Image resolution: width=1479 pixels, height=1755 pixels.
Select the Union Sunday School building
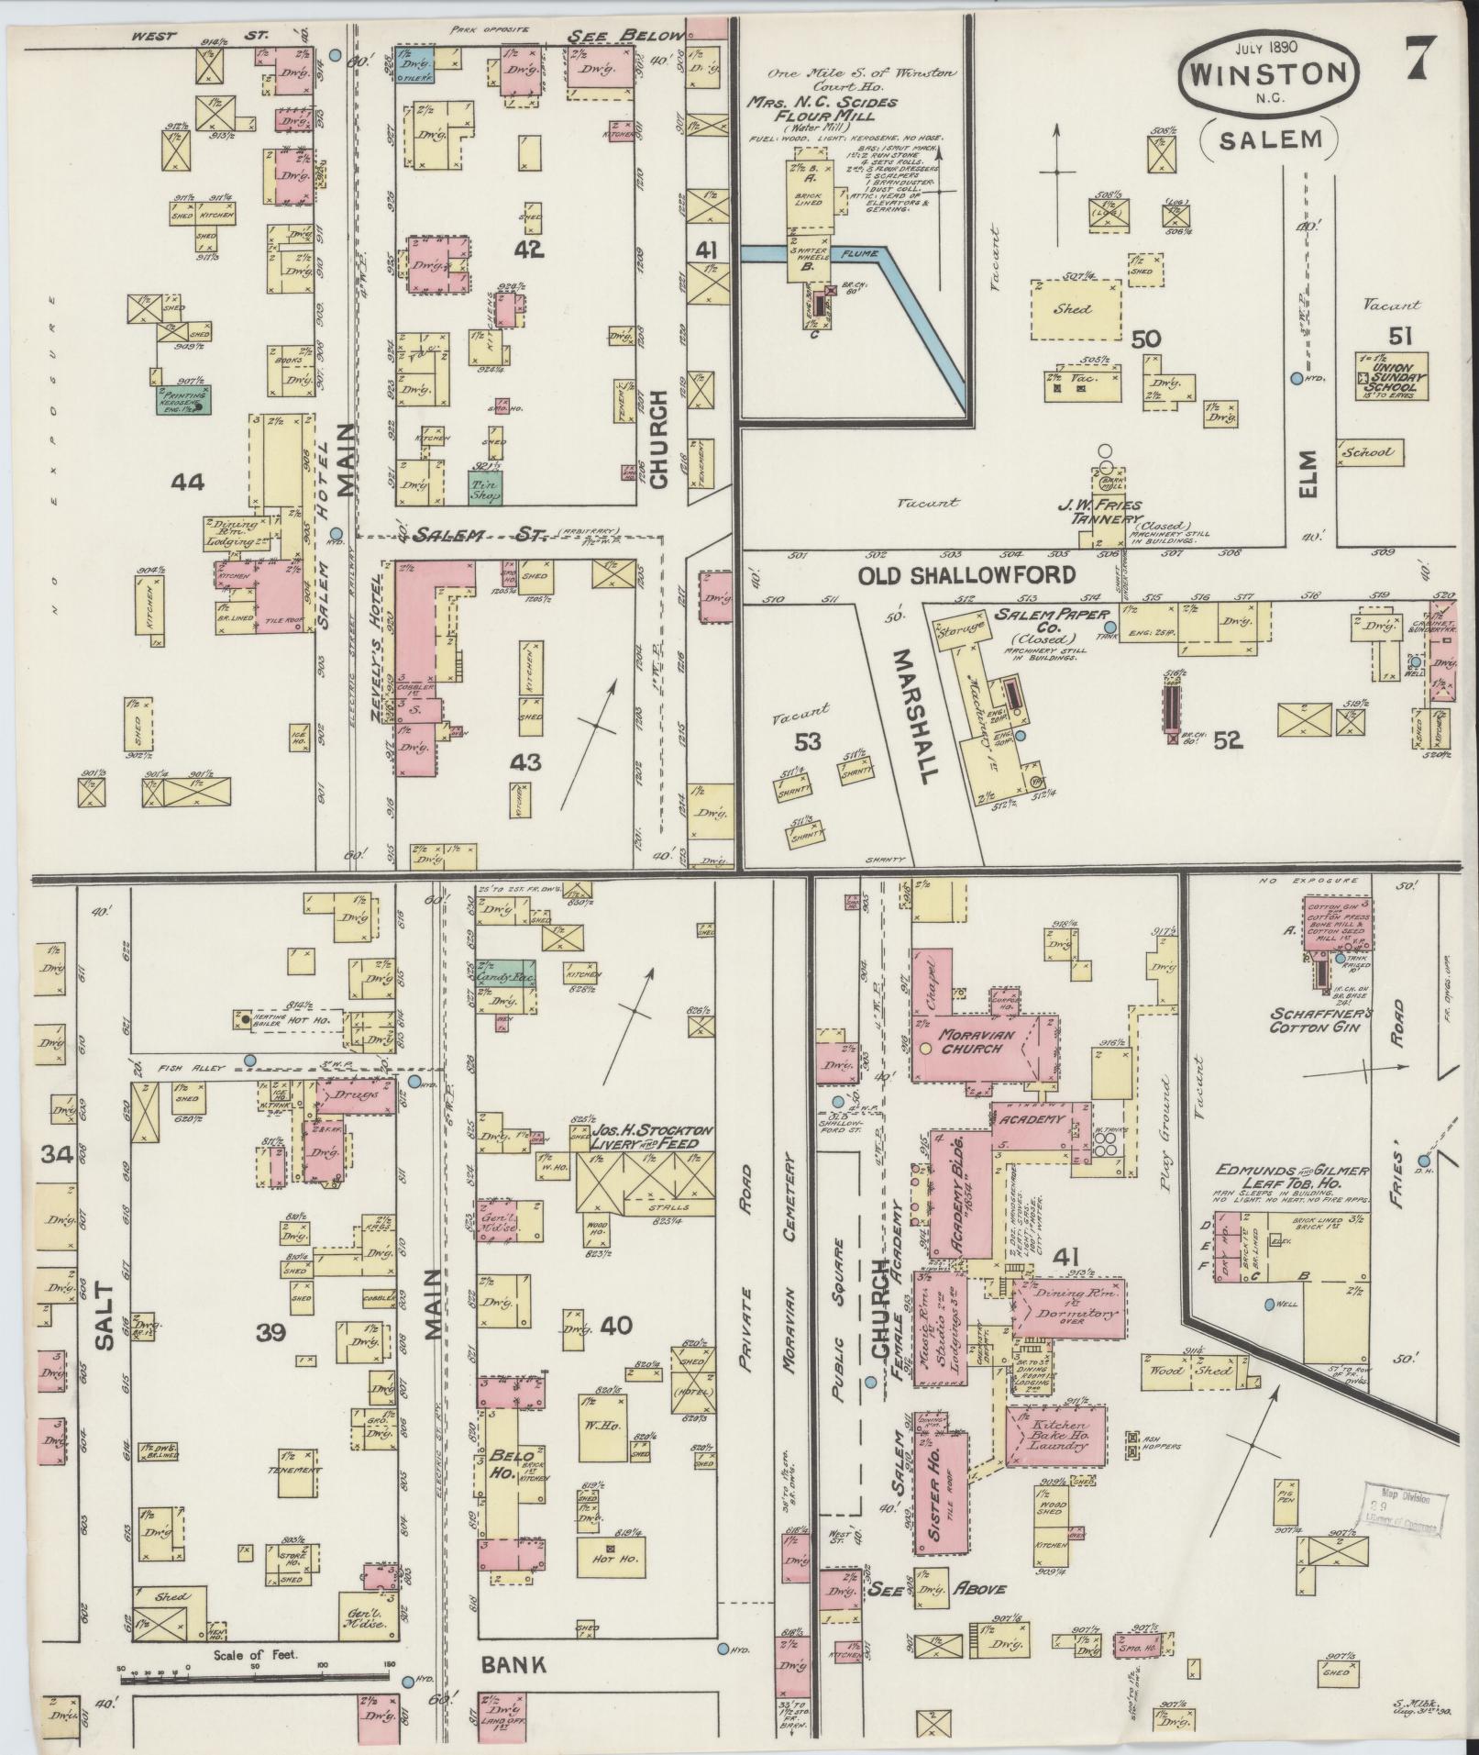point(1393,375)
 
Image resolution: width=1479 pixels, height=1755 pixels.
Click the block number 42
point(529,250)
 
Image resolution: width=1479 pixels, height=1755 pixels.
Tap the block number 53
point(807,740)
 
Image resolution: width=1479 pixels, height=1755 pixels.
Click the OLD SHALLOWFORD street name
point(966,575)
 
